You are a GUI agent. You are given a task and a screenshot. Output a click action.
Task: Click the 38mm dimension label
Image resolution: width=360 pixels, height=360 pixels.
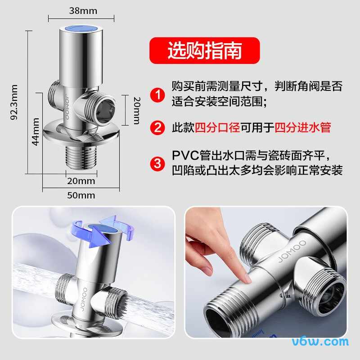click(x=83, y=11)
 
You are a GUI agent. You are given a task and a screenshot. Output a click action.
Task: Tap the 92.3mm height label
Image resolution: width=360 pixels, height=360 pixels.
click(x=14, y=102)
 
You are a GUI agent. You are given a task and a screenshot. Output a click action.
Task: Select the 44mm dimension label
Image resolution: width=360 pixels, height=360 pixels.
click(x=36, y=132)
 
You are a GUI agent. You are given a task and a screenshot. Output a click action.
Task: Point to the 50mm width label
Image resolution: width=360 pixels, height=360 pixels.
click(x=81, y=195)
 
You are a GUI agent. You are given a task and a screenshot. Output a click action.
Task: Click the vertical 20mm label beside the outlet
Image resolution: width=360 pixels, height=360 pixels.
click(x=137, y=111)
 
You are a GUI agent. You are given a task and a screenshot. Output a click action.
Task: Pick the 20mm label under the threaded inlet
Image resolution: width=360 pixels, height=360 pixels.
click(x=81, y=181)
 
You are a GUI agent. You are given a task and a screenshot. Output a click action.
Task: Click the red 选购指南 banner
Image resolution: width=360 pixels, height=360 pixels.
click(x=205, y=50)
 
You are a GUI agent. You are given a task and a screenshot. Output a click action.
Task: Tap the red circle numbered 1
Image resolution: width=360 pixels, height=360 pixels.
click(x=157, y=95)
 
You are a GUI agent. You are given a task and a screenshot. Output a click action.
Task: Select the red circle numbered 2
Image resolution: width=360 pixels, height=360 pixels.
click(x=157, y=127)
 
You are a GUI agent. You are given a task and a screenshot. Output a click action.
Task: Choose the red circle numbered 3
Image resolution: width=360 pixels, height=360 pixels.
click(x=157, y=163)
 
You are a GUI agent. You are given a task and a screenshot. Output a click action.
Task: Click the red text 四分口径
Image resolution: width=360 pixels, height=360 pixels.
click(x=217, y=127)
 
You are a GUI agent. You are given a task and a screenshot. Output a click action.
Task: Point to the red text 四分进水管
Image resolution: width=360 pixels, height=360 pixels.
click(x=302, y=127)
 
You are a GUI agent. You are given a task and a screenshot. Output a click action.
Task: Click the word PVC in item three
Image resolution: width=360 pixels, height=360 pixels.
click(x=185, y=155)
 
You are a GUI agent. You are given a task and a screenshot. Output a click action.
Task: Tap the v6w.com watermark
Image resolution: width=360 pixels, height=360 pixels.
click(x=320, y=342)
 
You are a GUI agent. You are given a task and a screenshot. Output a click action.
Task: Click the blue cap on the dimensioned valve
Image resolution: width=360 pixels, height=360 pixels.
click(x=84, y=29)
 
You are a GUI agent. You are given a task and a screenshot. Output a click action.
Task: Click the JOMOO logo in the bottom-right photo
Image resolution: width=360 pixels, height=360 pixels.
click(x=292, y=251)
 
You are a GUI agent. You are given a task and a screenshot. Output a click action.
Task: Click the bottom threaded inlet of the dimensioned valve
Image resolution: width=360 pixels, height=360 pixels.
click(x=81, y=157)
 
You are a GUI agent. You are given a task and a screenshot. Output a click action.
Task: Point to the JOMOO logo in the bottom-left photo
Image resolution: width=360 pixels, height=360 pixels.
click(x=84, y=299)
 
